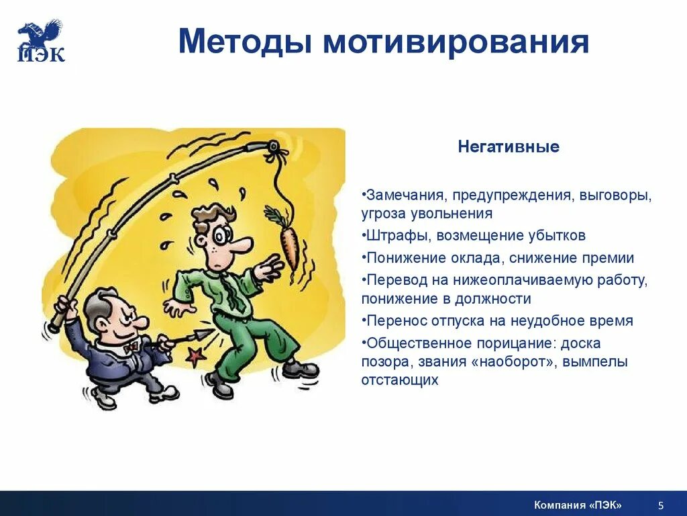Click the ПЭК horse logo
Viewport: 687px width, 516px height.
pyautogui.click(x=40, y=40)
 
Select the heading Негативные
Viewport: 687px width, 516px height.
pyautogui.click(x=508, y=146)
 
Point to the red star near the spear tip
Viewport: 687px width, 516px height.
pyautogui.click(x=195, y=357)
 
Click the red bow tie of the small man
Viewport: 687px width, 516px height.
pyautogui.click(x=131, y=345)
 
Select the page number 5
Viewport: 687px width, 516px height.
pyautogui.click(x=660, y=505)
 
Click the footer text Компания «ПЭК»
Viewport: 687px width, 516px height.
pyautogui.click(x=578, y=505)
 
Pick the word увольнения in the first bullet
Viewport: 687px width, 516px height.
pyautogui.click(x=450, y=214)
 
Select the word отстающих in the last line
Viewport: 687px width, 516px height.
pyautogui.click(x=399, y=380)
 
